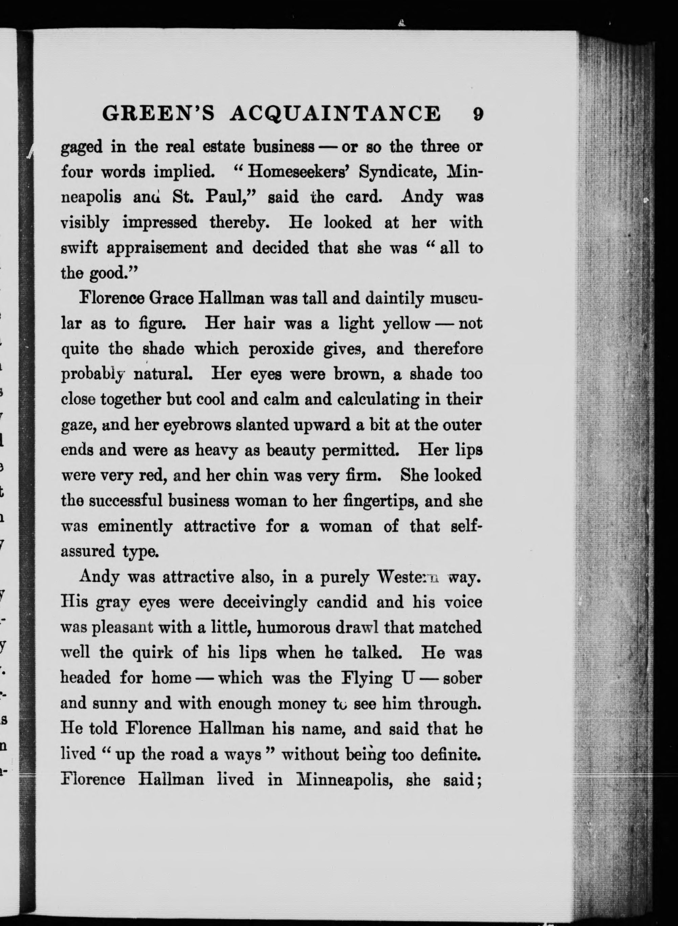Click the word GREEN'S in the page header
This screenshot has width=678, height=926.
(x=158, y=113)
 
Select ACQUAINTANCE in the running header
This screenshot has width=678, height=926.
(x=335, y=113)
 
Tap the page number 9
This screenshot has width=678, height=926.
(x=477, y=114)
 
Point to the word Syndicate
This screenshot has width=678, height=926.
(x=398, y=173)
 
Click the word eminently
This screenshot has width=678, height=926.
(x=135, y=526)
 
